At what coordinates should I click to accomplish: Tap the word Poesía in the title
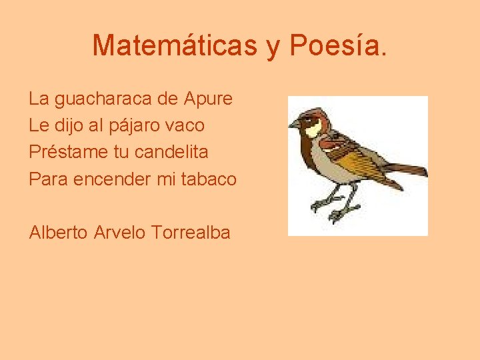pyautogui.click(x=337, y=45)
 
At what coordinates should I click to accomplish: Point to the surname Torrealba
pyautogui.click(x=191, y=233)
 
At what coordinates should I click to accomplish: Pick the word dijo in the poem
pyautogui.click(x=69, y=125)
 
